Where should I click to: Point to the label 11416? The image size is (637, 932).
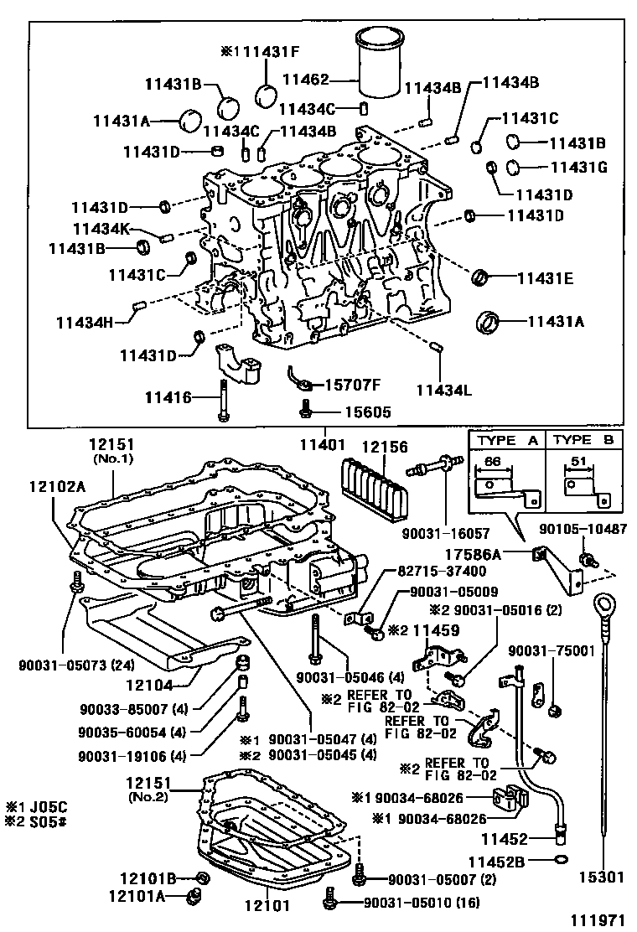point(168,397)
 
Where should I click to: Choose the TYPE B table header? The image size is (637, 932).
point(585,439)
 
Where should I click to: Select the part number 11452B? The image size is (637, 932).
point(499,860)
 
